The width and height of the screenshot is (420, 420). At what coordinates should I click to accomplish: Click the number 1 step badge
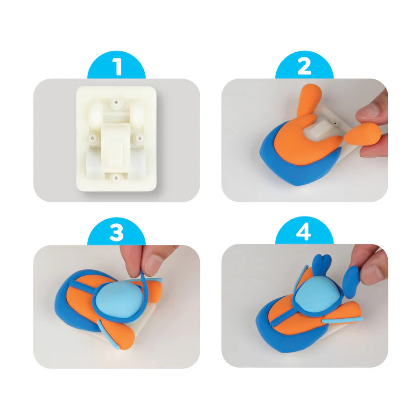[117, 67]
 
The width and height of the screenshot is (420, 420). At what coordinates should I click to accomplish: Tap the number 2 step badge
[304, 67]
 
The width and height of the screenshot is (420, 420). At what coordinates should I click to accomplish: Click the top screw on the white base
[115, 100]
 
